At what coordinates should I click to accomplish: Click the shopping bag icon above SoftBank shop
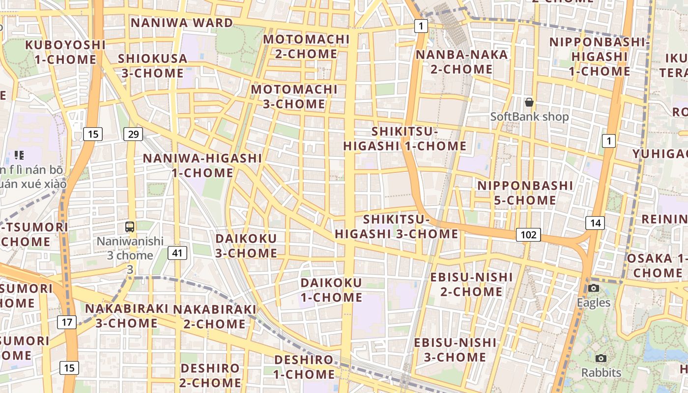pos(529,102)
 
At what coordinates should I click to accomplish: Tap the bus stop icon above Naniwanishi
pos(130,227)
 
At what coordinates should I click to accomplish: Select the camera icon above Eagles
pos(594,288)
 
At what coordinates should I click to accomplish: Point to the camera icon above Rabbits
pos(601,358)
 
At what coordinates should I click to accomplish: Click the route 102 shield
pos(528,235)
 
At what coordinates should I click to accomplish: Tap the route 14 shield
pos(595,223)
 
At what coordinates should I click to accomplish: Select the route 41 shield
pos(177,253)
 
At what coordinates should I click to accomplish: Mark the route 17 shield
pos(67,322)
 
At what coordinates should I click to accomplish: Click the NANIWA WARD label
pos(182,23)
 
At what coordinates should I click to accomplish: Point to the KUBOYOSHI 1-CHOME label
pos(65,52)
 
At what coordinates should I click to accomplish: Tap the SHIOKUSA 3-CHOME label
pos(152,66)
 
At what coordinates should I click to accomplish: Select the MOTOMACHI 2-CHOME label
pos(307,46)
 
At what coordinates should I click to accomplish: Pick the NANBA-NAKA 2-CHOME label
pos(461,61)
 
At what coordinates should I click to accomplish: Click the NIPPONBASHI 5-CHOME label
pos(525,193)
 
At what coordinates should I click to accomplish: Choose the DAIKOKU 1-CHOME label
pos(331,290)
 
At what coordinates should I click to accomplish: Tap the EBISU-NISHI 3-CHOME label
pos(455,349)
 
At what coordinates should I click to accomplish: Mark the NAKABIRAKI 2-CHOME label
pos(215,316)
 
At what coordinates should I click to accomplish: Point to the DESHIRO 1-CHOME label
pos(304,366)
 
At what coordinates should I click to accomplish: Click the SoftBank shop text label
pos(529,116)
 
